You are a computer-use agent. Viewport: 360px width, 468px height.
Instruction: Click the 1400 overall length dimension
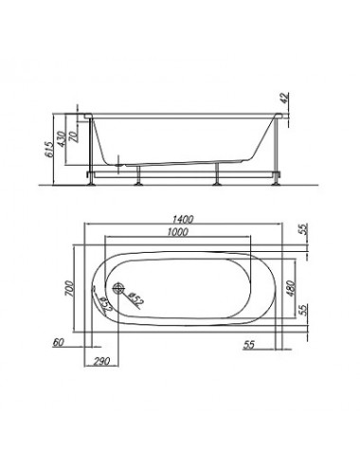coord(183,219)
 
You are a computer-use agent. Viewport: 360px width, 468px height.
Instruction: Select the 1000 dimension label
coord(177,232)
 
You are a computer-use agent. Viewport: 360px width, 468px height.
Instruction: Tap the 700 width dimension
coord(69,289)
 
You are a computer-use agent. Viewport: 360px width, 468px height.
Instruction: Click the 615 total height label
coord(49,150)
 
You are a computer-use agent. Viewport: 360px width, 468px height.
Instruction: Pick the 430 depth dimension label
coord(62,139)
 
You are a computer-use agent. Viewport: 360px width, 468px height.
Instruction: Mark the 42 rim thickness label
coord(284,99)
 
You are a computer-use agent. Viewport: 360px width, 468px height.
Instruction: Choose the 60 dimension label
coord(58,342)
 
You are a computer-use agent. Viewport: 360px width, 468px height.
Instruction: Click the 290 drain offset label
coord(101,361)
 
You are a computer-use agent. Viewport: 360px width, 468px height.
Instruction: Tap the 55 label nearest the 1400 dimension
coord(303,229)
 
